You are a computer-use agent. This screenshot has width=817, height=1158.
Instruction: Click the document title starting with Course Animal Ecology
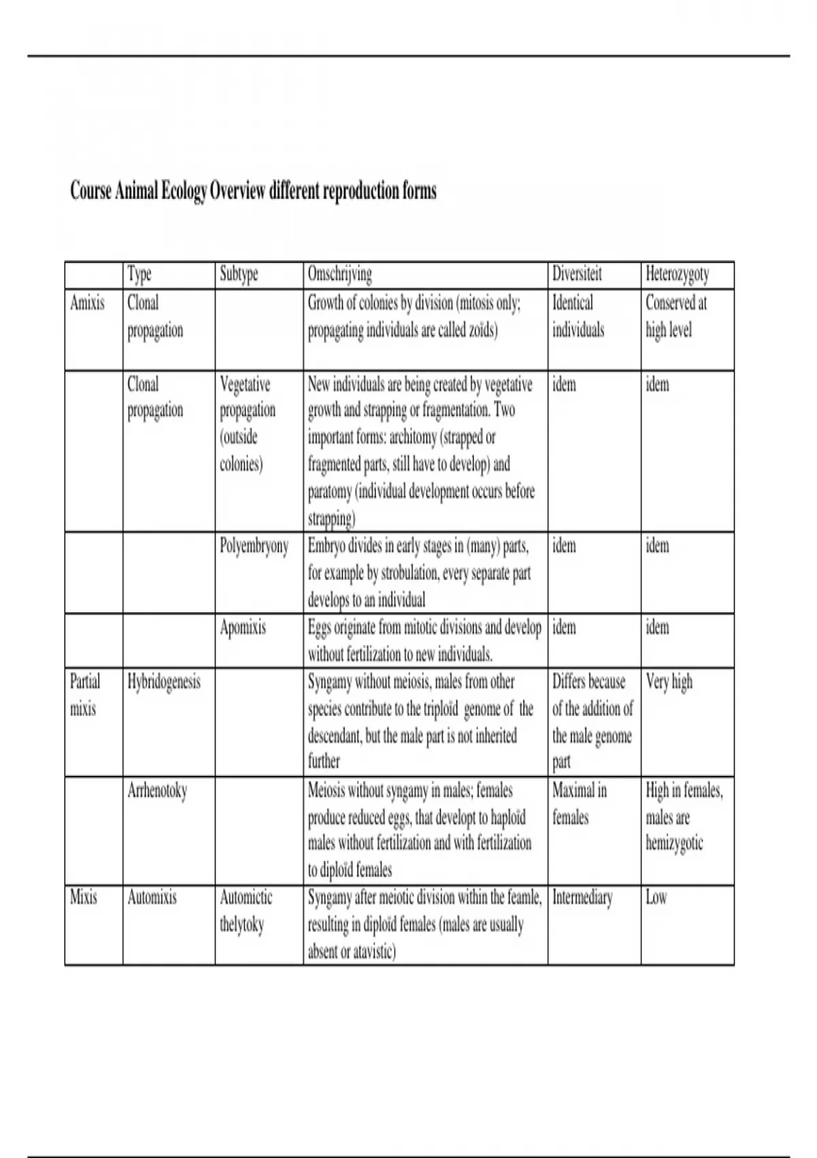(253, 191)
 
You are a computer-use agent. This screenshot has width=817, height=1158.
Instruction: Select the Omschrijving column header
(340, 275)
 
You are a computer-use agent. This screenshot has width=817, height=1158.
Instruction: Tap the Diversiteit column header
(577, 275)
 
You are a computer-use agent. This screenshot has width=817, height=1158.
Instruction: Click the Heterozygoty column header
(677, 275)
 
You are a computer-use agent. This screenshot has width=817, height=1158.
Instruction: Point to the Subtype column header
(239, 275)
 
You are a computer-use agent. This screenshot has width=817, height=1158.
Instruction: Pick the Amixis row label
(87, 302)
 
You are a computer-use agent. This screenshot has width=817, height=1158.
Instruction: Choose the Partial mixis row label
(84, 695)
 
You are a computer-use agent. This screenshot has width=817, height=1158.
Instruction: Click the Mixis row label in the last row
(84, 897)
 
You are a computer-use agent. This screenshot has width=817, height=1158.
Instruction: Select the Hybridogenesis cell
(164, 682)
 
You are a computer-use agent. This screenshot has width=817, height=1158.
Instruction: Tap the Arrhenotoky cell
(157, 790)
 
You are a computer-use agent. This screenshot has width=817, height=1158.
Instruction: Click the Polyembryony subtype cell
(254, 546)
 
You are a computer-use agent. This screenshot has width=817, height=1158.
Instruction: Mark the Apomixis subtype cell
(243, 627)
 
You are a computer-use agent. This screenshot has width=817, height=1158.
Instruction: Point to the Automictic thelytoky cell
(246, 911)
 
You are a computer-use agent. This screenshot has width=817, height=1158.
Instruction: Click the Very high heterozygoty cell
(669, 682)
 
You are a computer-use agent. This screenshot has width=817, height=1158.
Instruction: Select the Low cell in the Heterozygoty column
(656, 897)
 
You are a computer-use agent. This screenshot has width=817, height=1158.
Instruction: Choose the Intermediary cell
(582, 897)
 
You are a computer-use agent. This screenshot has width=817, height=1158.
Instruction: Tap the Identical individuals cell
(578, 316)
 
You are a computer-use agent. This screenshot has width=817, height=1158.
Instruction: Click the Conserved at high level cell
(675, 316)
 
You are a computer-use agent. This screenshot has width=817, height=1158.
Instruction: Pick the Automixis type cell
(152, 897)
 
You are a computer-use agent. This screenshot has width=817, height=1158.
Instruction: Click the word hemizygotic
(674, 844)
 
